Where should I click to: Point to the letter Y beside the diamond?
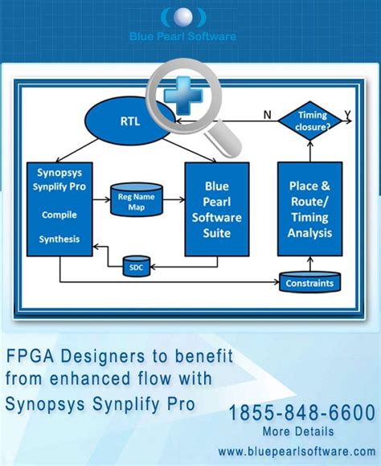click(x=347, y=115)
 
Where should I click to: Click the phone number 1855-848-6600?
click(x=302, y=414)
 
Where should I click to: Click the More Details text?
click(x=297, y=432)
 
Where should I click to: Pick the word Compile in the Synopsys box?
click(x=59, y=215)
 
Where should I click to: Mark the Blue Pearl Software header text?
click(x=183, y=36)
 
